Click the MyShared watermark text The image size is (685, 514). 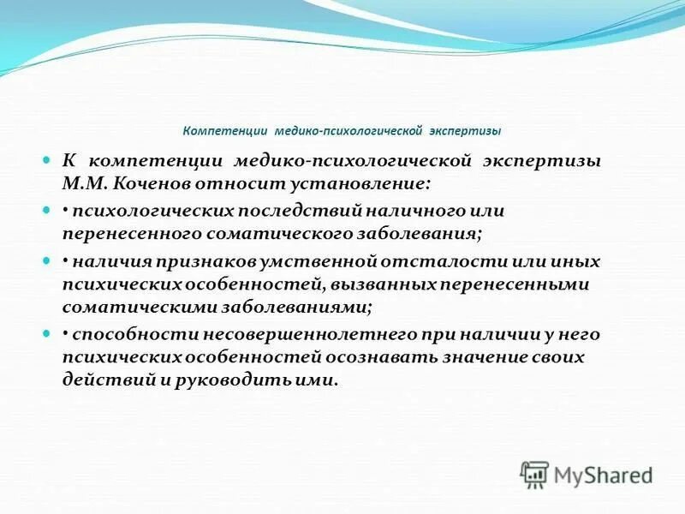tap(604, 473)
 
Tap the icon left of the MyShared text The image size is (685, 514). tap(534, 473)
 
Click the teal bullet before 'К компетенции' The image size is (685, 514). tap(48, 160)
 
